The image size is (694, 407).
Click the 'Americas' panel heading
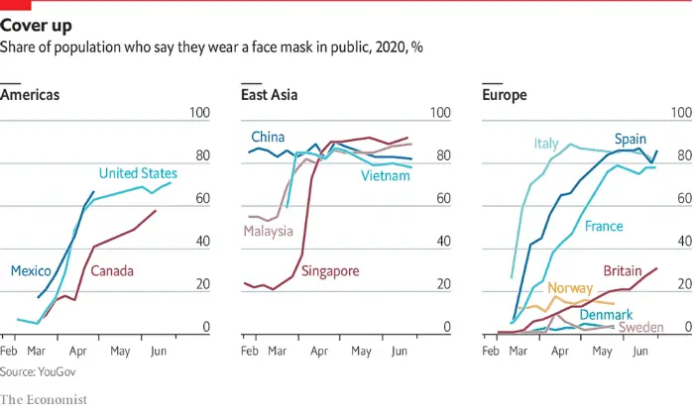30,95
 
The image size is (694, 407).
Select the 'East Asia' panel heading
270,95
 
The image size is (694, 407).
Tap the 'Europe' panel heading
504,95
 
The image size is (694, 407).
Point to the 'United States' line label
138,173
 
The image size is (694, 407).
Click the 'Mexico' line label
33,269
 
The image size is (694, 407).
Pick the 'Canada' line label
112,270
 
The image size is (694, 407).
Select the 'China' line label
268,136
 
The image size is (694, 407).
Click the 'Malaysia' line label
269,232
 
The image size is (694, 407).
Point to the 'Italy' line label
547,144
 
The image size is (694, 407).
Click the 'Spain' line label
631,138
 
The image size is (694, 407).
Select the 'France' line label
604,227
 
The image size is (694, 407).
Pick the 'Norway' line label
570,288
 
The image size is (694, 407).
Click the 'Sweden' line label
640,328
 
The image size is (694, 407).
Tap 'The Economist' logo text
44,398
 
